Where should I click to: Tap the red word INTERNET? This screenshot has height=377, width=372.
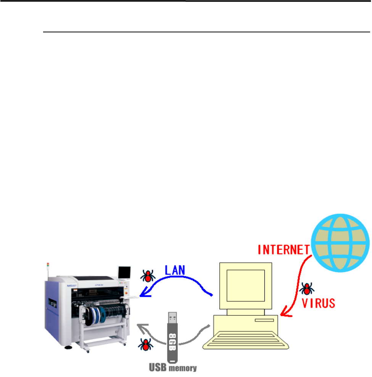283,250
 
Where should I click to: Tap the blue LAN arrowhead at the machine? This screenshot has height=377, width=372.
143,294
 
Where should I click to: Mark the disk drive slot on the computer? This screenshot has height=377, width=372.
265,321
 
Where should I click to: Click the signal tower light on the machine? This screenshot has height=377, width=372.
48,266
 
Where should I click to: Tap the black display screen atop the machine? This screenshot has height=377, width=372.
124,273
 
